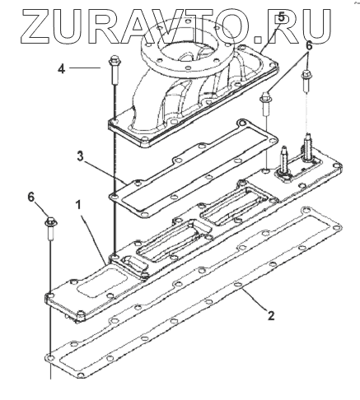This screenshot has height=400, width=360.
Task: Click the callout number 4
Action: (61, 68)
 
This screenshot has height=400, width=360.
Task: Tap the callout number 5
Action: (281, 16)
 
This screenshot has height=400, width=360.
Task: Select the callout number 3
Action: (80, 156)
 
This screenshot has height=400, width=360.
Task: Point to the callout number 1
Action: (78, 205)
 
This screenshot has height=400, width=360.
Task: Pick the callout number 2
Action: (271, 316)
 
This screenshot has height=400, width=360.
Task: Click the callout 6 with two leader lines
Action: (309, 46)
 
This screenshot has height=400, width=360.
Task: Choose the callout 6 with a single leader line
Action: (31, 197)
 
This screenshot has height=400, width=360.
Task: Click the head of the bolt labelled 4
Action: (113, 60)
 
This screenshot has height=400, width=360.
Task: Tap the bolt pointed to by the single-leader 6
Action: (50, 228)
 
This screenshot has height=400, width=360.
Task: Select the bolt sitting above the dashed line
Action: (306, 81)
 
